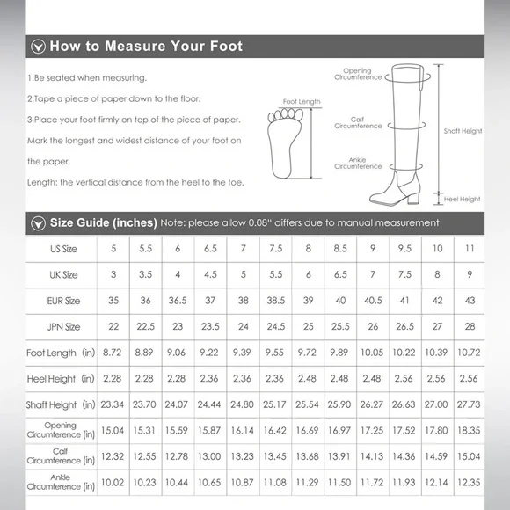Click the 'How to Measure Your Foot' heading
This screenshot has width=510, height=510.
(146, 47)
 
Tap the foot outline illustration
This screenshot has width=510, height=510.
(285, 143)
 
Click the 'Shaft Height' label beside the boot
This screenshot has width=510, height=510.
(463, 131)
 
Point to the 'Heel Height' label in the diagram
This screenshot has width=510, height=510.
(462, 199)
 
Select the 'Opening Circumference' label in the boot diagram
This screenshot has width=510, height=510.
(358, 74)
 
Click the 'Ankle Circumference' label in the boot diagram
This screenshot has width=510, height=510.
(358, 163)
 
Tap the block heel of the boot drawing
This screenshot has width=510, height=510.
(413, 197)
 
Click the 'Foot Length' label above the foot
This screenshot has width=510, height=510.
(302, 101)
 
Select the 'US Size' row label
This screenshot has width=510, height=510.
(63, 249)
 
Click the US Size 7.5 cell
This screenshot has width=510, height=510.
(276, 249)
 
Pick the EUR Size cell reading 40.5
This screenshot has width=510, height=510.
(373, 301)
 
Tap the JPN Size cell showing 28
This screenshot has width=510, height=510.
(470, 326)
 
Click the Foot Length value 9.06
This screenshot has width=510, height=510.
(176, 353)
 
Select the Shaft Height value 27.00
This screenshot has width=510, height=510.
(436, 404)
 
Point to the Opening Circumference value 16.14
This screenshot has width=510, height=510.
(242, 430)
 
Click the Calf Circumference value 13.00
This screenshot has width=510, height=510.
(209, 456)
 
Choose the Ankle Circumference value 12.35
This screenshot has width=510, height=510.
(469, 483)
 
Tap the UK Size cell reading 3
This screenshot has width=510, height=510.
(113, 274)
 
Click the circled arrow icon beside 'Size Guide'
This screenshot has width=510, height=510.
(38, 223)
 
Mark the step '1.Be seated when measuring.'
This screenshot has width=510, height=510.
(87, 78)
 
